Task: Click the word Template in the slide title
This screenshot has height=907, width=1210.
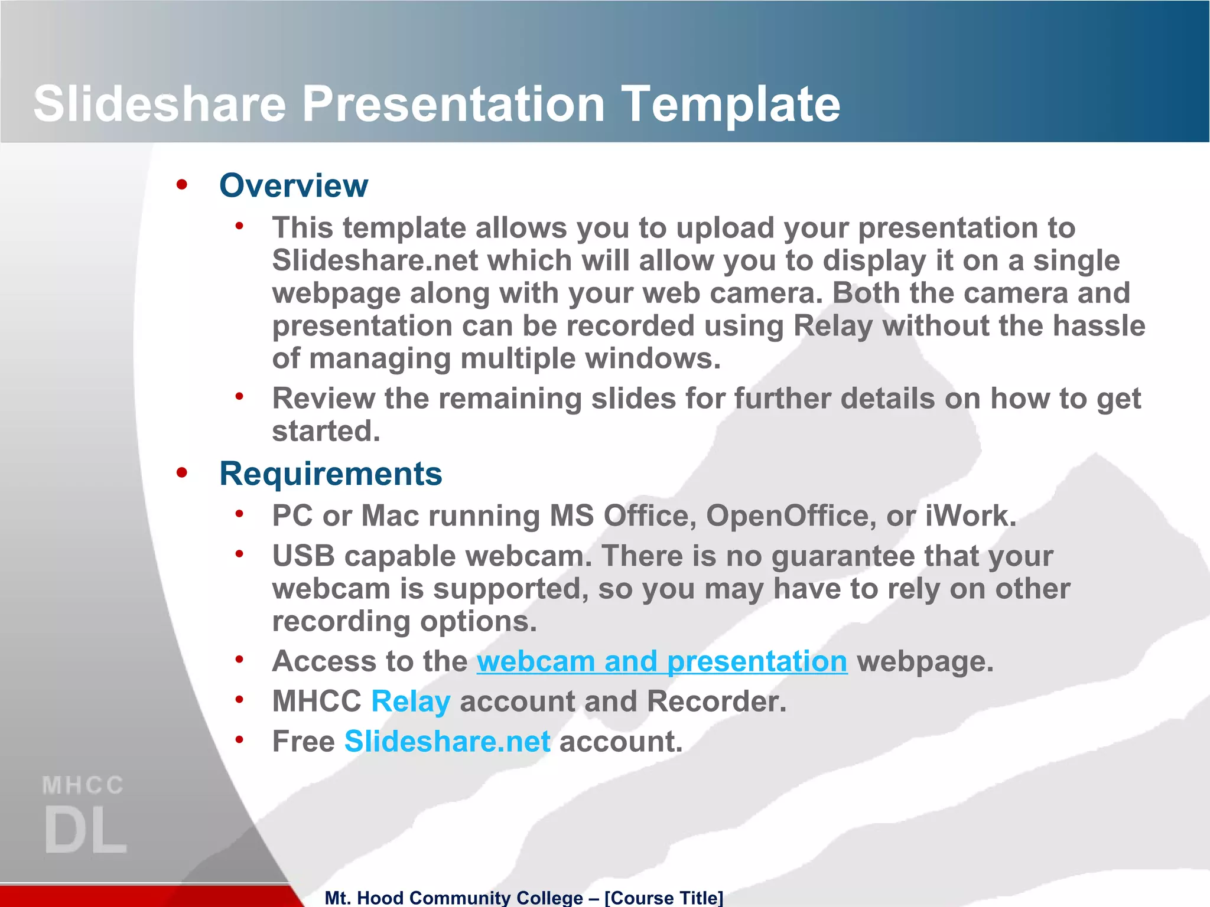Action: pos(731,104)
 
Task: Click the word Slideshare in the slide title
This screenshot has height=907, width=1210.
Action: pos(160,104)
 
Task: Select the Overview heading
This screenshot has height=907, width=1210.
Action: pos(294,185)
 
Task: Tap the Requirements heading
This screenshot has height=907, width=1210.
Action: pos(330,474)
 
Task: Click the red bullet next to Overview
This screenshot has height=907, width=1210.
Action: pos(181,185)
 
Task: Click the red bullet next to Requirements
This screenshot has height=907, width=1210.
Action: pos(181,472)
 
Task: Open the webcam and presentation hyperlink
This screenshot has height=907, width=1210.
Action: pos(662,661)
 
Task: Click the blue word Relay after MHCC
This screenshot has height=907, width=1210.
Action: pos(411,702)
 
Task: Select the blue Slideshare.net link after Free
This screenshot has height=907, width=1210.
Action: pos(447,742)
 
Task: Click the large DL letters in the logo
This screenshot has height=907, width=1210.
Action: pos(85,831)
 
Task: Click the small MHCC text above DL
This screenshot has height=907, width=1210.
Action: pos(83,786)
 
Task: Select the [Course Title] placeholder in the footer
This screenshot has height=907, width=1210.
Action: pos(663,898)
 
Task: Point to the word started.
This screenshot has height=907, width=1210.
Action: pos(326,431)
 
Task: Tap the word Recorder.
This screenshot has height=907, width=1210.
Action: pos(715,702)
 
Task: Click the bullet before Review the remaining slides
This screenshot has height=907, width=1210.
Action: pos(239,396)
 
